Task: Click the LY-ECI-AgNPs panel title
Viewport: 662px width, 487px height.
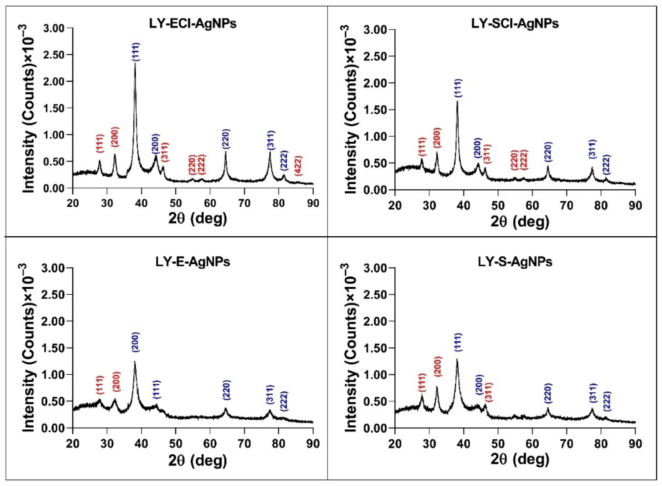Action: click(193, 24)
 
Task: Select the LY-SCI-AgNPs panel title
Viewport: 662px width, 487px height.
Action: click(515, 24)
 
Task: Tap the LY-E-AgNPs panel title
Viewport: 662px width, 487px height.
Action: click(193, 262)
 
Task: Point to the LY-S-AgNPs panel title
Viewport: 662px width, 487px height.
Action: click(515, 262)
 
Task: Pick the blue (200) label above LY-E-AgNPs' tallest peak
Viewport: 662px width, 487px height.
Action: click(136, 342)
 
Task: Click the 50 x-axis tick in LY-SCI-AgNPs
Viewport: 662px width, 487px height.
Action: click(498, 205)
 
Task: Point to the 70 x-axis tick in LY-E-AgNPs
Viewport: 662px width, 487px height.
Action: click(244, 444)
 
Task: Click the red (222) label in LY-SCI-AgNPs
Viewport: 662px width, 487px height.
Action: click(524, 160)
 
